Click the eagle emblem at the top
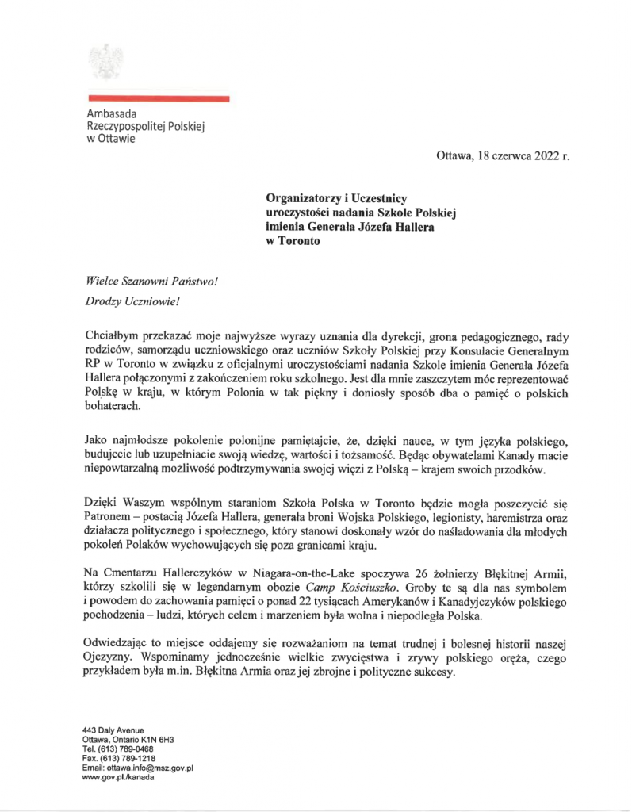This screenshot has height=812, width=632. pyautogui.click(x=103, y=61)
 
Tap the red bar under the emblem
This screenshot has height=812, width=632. pyautogui.click(x=158, y=99)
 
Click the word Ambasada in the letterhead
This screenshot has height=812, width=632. pyautogui.click(x=112, y=113)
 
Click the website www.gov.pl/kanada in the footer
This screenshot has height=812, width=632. pyautogui.click(x=118, y=777)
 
